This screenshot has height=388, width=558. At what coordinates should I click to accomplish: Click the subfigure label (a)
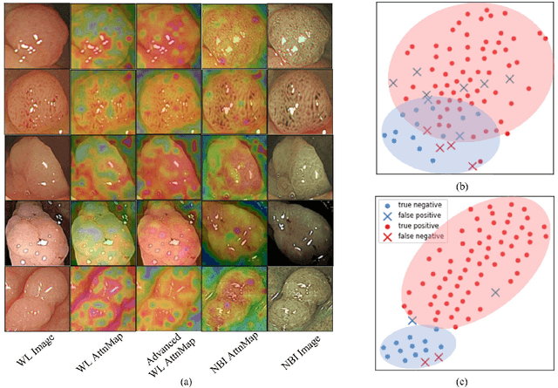click(186, 380)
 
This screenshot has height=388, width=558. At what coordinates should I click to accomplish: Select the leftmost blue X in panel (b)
click(393, 83)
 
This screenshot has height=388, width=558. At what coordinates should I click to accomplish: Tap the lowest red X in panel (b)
click(473, 165)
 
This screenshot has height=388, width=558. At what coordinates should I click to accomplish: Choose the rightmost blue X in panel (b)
click(510, 78)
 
